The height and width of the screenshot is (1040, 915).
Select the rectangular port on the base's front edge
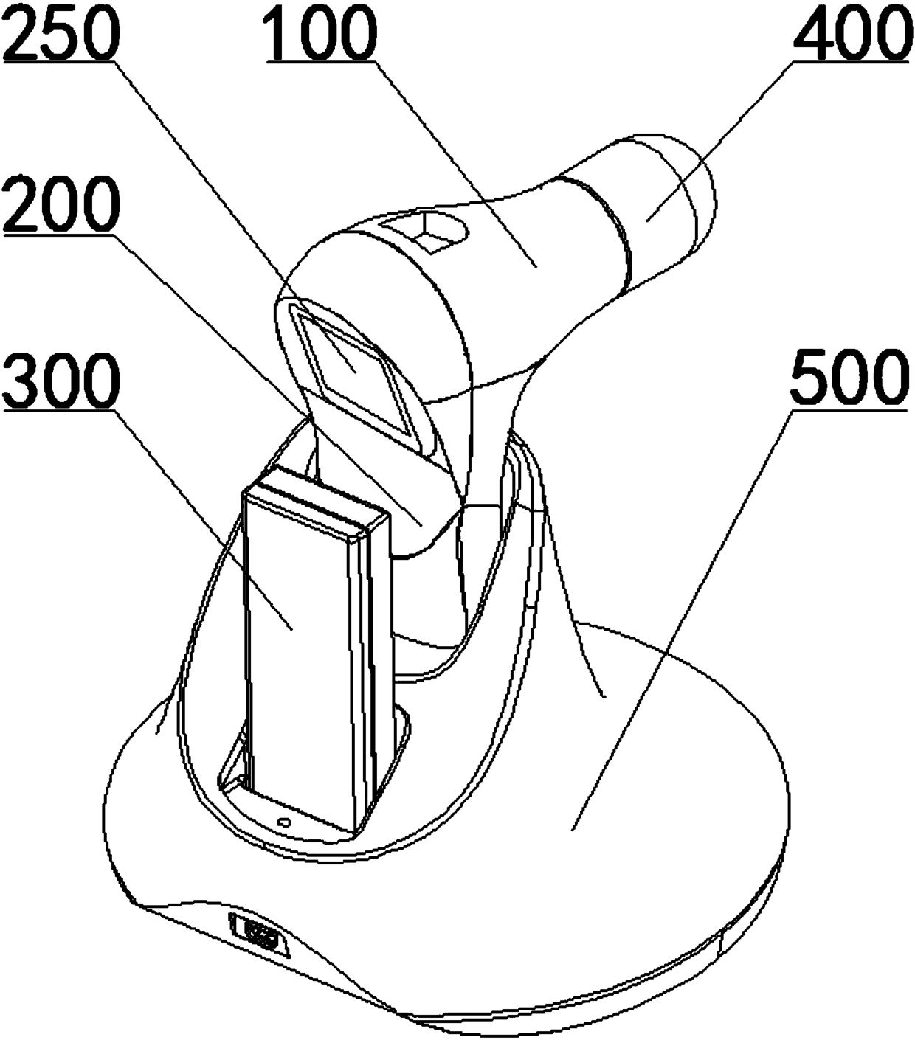tap(259, 936)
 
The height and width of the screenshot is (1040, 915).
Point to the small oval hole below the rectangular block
tap(283, 821)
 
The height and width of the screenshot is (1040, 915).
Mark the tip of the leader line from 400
tap(649, 218)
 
